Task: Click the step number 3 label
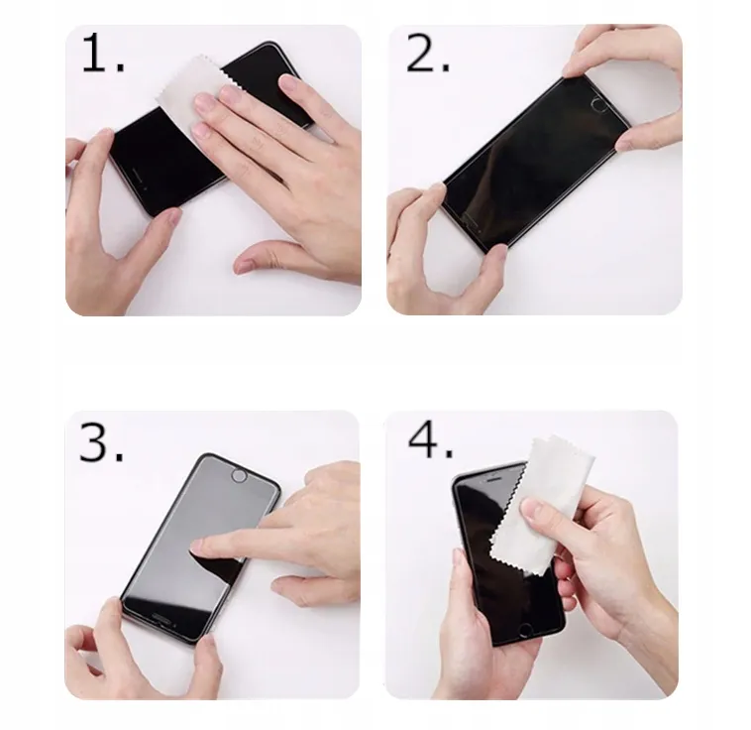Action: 101,442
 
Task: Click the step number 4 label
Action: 430,441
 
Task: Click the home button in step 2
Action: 598,104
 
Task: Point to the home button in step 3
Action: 238,476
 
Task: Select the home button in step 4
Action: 526,630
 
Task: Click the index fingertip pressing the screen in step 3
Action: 197,545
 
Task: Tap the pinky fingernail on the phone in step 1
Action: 288,81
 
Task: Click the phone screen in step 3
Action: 196,542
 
